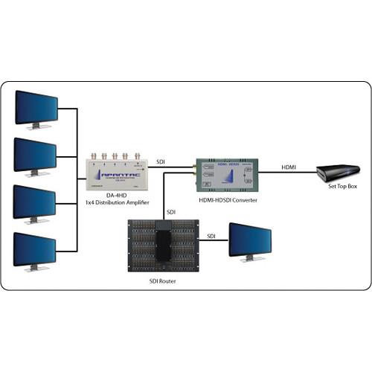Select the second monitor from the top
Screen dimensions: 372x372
[36, 154]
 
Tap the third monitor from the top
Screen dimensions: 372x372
[36, 202]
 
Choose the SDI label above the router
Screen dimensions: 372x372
[171, 212]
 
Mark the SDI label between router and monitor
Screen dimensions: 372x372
[211, 237]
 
